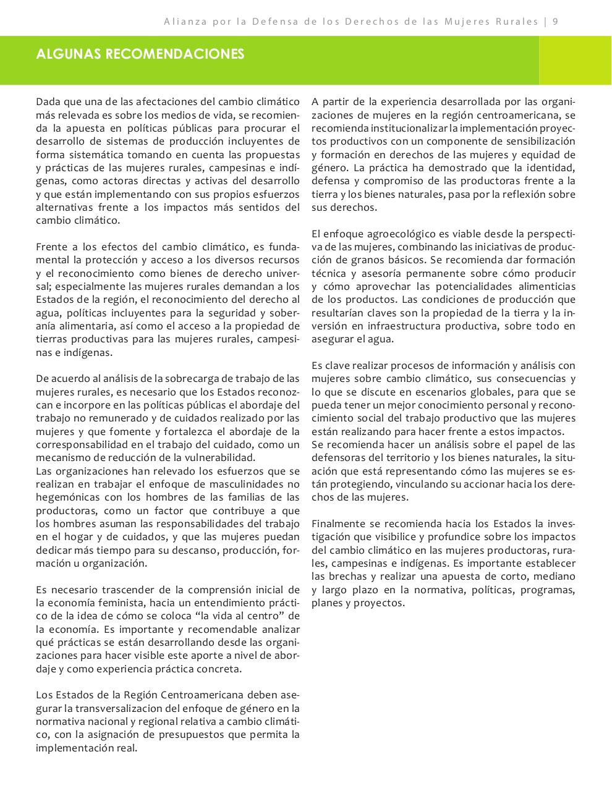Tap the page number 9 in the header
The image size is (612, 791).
[x=556, y=22]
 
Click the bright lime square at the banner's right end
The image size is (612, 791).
[x=575, y=61]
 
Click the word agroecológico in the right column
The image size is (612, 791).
[x=393, y=234]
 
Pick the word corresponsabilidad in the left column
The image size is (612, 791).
[x=81, y=445]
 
